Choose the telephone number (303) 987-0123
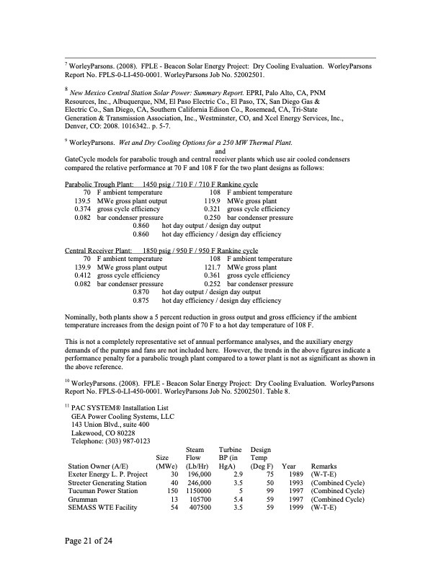[x=110, y=441]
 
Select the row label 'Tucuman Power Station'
[x=102, y=490]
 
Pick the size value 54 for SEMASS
[x=174, y=507]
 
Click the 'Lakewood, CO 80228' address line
[x=103, y=433]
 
